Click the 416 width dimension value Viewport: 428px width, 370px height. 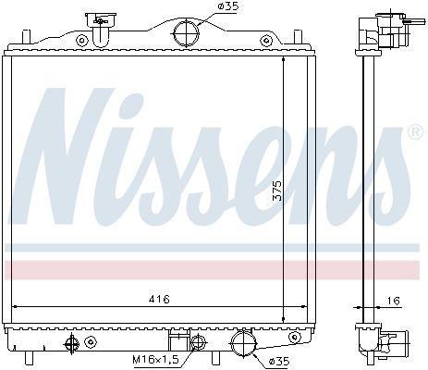[159, 299]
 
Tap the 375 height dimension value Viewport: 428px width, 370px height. [277, 191]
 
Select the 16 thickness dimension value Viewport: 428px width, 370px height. [394, 301]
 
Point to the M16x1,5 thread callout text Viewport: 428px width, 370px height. [155, 360]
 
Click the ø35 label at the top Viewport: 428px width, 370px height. [228, 6]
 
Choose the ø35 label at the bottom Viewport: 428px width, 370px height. [279, 361]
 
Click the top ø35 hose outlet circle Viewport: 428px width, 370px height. [186, 32]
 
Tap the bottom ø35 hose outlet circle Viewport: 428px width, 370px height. [243, 343]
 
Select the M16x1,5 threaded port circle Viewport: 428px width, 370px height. [198, 342]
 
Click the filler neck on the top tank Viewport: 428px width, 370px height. [101, 30]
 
